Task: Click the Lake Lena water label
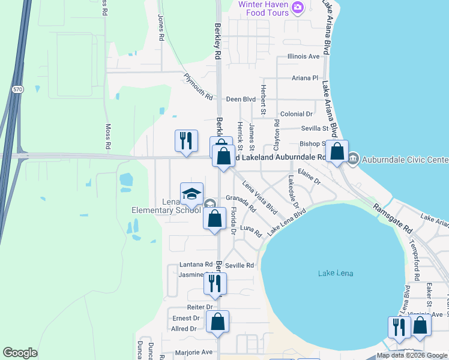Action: coord(336,274)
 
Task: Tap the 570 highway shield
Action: coord(17,89)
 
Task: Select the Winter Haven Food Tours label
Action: coord(265,8)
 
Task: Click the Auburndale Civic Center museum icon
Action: coord(352,159)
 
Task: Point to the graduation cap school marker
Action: coord(191,194)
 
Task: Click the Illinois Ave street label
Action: coord(304,56)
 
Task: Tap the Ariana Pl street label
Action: coord(305,78)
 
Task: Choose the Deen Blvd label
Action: coord(241,99)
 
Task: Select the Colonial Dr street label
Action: coord(297,113)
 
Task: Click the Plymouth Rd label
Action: coord(198,86)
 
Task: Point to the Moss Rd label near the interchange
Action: coord(108,136)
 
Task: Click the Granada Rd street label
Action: coord(241,203)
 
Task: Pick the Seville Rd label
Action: coord(240,265)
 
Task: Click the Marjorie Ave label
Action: coord(194,352)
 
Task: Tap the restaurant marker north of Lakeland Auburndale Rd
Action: coord(186,142)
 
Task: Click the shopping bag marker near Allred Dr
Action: coord(217,322)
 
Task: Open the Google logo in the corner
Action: coord(20,353)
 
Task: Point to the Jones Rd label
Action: coord(160,28)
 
